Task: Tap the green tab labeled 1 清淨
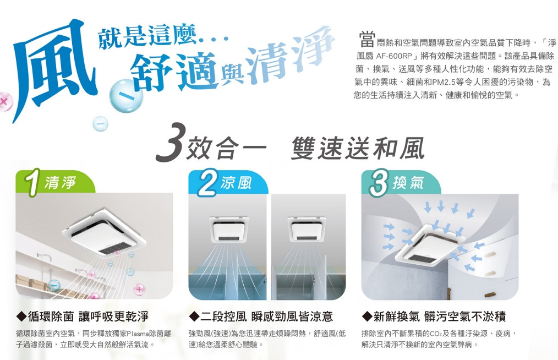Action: pyautogui.click(x=55, y=183)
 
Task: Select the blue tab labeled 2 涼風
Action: pyautogui.click(x=228, y=183)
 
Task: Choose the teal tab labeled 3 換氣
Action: pyautogui.click(x=401, y=183)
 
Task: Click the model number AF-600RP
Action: pyautogui.click(x=391, y=56)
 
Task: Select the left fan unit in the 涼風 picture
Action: pyautogui.click(x=229, y=228)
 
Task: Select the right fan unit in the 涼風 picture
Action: pyautogui.click(x=307, y=228)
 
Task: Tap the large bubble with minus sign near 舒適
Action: pyautogui.click(x=126, y=96)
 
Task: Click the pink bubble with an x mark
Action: pyautogui.click(x=4, y=101)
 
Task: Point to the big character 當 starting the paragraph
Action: pyautogui.click(x=366, y=40)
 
